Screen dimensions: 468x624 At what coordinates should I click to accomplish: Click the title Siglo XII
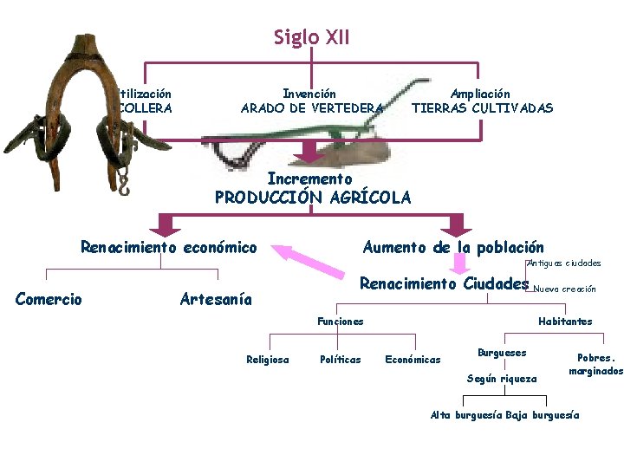tap(311, 37)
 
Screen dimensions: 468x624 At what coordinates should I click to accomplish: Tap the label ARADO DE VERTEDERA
tap(310, 108)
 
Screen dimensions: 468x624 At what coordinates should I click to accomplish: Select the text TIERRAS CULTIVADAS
tap(481, 108)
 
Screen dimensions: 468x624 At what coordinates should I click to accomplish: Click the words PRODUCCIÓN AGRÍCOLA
tap(312, 198)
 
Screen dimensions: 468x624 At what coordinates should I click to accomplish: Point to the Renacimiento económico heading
tap(168, 248)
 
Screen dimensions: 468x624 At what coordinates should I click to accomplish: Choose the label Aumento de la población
tap(452, 248)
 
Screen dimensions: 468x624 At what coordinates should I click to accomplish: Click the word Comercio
tap(49, 300)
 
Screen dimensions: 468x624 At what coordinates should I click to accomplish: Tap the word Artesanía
tap(216, 300)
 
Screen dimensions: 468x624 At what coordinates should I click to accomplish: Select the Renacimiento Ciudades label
tap(443, 284)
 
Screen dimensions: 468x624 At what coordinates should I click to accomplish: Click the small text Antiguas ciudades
tap(564, 263)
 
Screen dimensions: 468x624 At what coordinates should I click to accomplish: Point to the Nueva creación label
tap(565, 289)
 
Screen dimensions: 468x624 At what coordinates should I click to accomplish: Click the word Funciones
tap(341, 322)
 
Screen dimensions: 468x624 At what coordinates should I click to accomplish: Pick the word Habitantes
tap(565, 322)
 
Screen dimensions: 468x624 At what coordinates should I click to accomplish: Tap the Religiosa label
tap(268, 360)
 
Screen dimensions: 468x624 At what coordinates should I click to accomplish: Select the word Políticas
tap(341, 360)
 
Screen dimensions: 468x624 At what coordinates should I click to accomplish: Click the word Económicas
tap(413, 360)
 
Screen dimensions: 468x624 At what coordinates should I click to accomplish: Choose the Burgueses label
tap(502, 353)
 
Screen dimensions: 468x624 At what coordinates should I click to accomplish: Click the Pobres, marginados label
tap(595, 364)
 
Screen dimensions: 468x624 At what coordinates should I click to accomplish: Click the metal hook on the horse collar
tap(123, 182)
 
